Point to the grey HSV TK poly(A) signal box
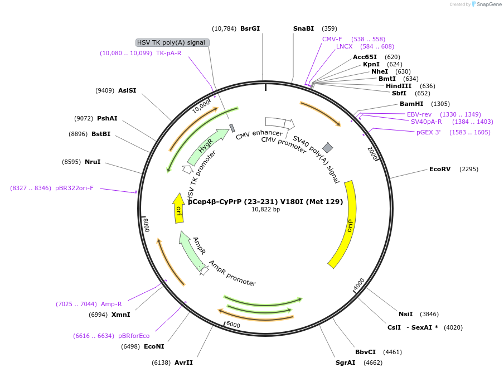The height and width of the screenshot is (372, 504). (173, 42)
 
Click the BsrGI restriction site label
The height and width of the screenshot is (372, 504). (250, 28)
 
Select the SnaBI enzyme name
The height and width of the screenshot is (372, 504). (303, 28)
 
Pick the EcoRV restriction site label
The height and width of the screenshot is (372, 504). (440, 169)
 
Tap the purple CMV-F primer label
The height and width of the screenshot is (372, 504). (332, 39)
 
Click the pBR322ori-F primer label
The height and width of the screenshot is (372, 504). (74, 188)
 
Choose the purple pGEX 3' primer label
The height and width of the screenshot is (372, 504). (429, 132)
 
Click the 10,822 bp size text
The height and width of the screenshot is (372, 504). (265, 209)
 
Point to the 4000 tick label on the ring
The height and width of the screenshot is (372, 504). (358, 284)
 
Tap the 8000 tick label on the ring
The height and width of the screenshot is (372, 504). (146, 225)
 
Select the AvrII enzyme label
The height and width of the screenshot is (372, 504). (183, 363)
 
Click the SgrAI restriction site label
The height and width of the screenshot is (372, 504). (345, 363)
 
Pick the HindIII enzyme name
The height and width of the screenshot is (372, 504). (399, 86)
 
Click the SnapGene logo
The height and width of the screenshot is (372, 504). (486, 4)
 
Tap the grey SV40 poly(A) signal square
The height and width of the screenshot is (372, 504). (327, 148)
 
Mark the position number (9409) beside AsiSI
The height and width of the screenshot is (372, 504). (105, 90)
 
